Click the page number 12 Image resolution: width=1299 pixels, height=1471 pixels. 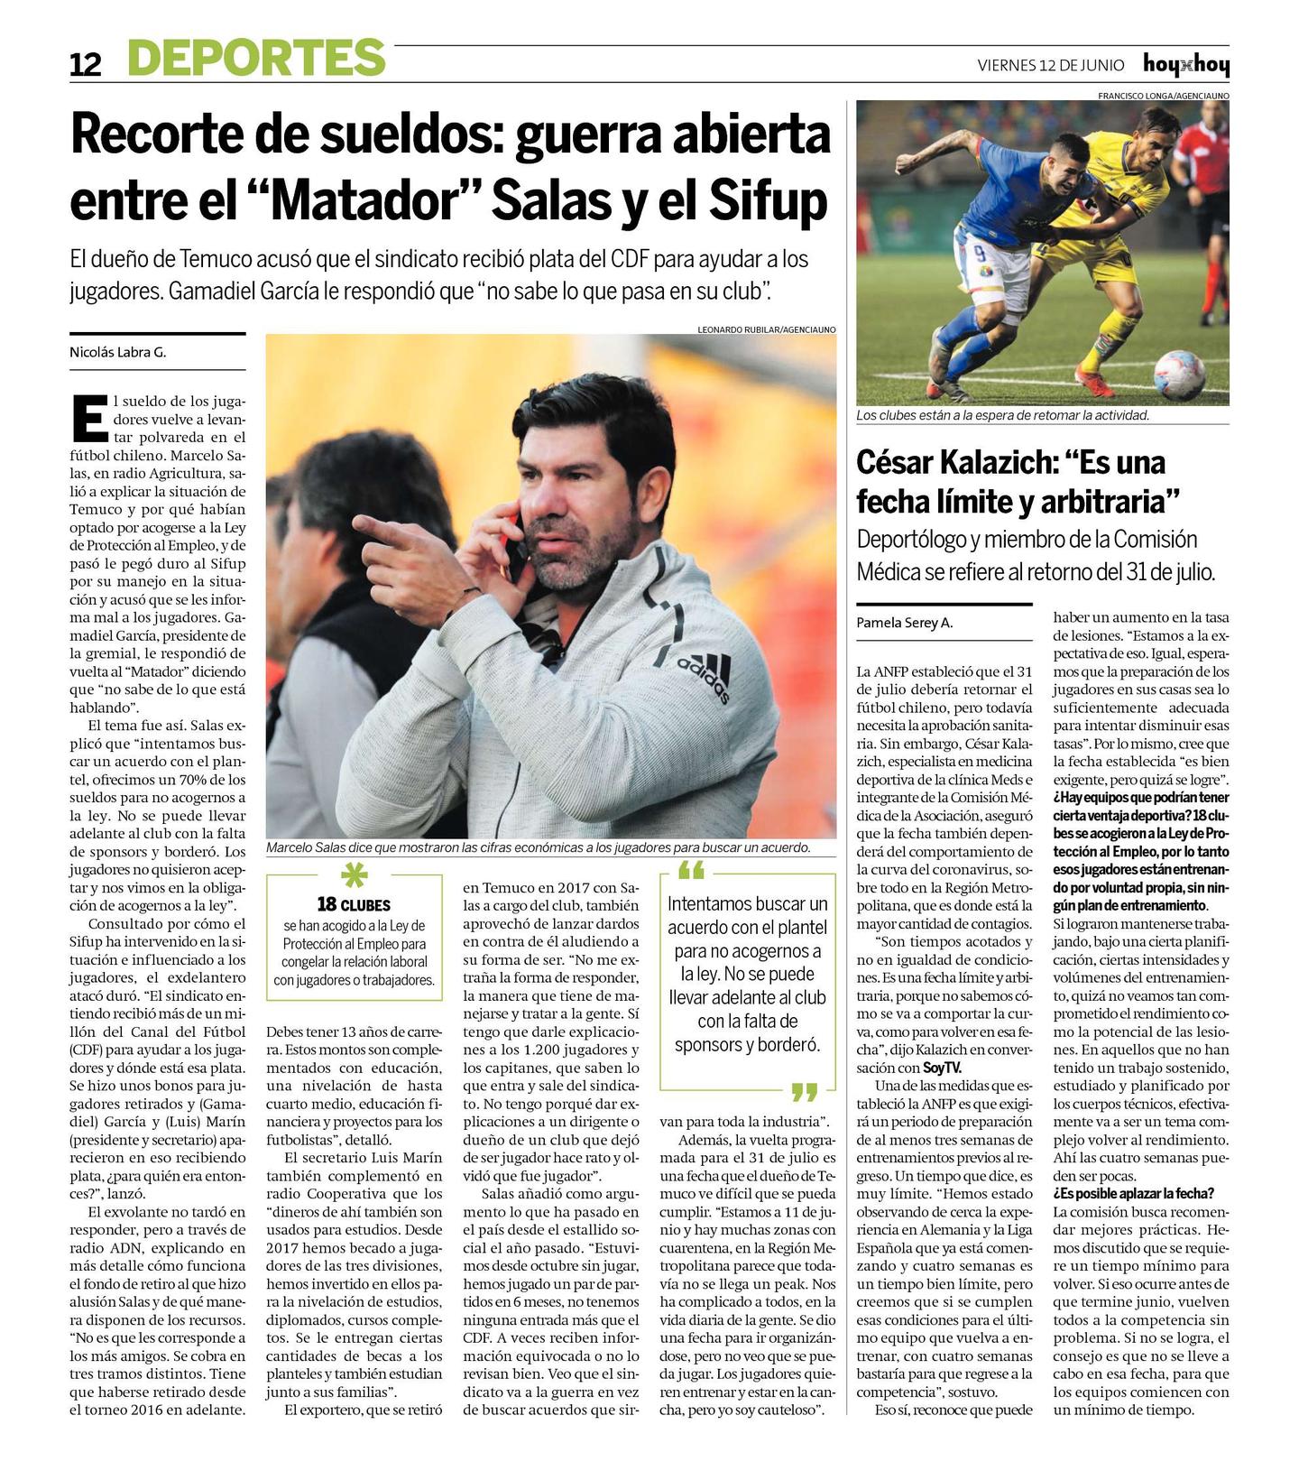86,64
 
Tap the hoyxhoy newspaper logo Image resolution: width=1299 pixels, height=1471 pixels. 1185,64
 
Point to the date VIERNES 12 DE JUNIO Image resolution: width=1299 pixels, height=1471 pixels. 1051,65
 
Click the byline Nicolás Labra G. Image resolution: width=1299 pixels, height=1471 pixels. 118,353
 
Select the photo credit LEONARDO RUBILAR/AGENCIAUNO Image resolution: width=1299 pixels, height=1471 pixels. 767,329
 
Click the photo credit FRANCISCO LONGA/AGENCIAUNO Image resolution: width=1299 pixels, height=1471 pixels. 1163,96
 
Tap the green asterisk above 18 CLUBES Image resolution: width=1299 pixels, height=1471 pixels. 355,875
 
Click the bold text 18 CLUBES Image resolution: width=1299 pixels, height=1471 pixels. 354,904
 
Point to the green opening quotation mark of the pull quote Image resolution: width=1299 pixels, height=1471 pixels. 690,871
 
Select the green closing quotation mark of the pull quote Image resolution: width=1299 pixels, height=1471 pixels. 803,1093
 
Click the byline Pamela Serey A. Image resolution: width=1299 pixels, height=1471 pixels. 904,623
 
